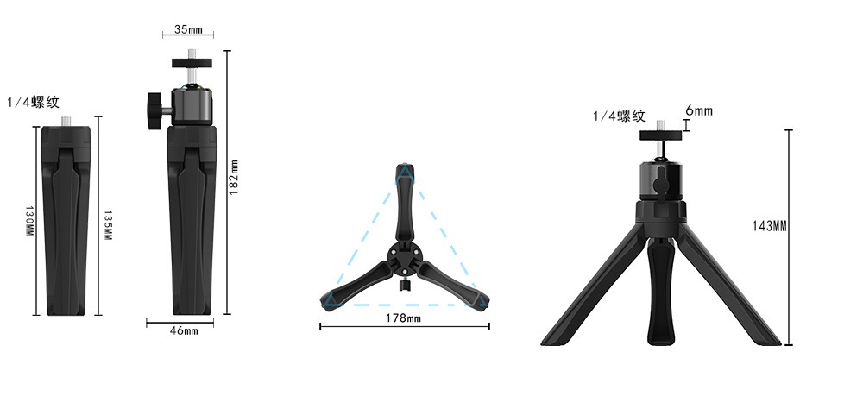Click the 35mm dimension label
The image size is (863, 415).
(188, 29)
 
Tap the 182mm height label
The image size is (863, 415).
(233, 177)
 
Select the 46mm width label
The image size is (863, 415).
(184, 330)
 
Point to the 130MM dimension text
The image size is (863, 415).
(29, 222)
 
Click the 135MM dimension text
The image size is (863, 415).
(108, 225)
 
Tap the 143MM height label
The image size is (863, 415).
(770, 226)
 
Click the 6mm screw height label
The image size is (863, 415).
(699, 110)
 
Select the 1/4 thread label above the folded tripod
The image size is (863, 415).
(33, 102)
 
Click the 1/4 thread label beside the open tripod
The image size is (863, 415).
(619, 116)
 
